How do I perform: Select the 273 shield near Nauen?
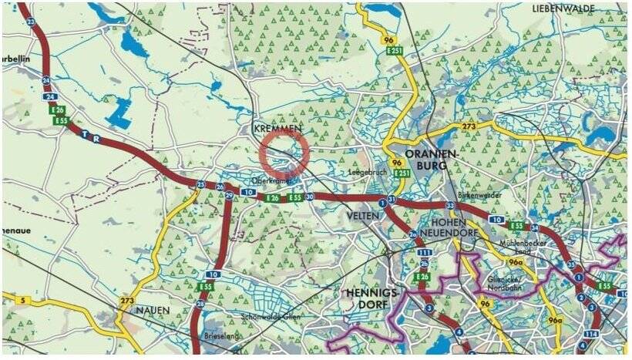(127, 299)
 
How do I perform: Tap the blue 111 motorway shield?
(423, 253)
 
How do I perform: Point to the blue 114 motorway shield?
(590, 333)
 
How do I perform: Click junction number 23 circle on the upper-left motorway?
(30, 22)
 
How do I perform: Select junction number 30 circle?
(309, 197)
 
